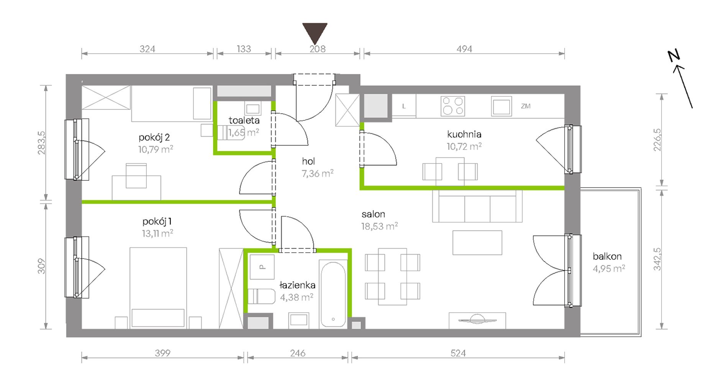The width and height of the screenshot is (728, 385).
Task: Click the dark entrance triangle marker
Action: tap(315, 33)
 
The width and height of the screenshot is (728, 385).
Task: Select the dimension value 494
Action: tap(464, 49)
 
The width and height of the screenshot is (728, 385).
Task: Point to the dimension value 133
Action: tap(244, 49)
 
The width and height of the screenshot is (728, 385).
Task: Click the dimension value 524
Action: tap(458, 353)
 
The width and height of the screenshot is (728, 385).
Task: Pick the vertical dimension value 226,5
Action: tap(657, 140)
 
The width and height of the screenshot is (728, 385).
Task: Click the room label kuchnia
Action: tap(464, 134)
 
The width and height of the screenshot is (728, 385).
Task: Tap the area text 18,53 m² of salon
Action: tap(379, 226)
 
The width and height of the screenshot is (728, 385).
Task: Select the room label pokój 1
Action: tap(157, 221)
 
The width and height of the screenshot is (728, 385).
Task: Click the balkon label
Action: tap(607, 256)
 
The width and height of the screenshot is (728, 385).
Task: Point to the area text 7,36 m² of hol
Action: tap(317, 173)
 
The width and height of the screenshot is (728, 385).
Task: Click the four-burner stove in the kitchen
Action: tap(453, 106)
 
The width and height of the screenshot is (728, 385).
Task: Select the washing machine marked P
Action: tap(262, 267)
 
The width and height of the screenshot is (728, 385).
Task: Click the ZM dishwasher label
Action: tap(526, 106)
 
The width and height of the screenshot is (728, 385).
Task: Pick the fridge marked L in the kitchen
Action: tap(404, 106)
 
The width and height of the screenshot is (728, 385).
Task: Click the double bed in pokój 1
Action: tap(158, 288)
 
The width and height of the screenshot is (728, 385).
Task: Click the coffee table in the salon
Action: tap(477, 243)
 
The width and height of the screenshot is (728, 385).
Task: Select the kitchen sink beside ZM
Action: tap(501, 106)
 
